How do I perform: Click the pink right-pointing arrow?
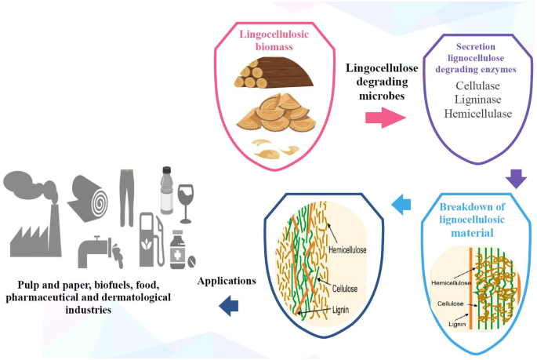click(385, 119)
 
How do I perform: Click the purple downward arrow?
click(516, 180)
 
